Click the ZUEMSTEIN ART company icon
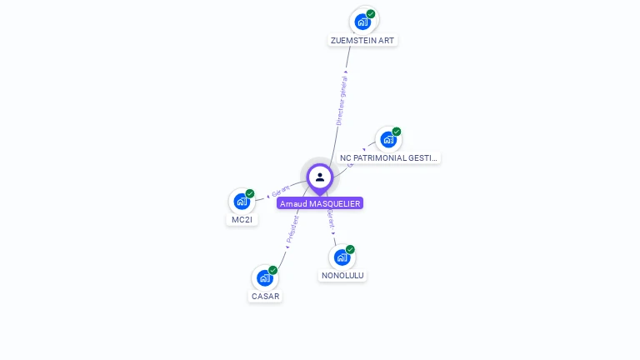(x=362, y=22)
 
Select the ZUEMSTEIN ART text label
(x=362, y=40)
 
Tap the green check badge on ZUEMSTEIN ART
(x=371, y=14)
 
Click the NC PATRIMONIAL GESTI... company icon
(x=387, y=139)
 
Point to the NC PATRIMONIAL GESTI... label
(x=388, y=157)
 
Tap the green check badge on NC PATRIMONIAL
(x=397, y=132)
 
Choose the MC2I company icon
(x=242, y=201)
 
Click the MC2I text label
(x=242, y=220)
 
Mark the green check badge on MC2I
(x=250, y=193)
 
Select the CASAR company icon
(x=265, y=277)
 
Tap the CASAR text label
(x=265, y=296)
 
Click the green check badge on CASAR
(x=273, y=270)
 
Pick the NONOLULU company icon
(x=342, y=257)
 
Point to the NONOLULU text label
(x=342, y=275)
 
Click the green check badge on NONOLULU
(x=350, y=249)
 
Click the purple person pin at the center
(x=320, y=177)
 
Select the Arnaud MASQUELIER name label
(x=321, y=203)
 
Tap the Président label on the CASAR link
(x=292, y=229)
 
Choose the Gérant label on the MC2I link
(x=279, y=192)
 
